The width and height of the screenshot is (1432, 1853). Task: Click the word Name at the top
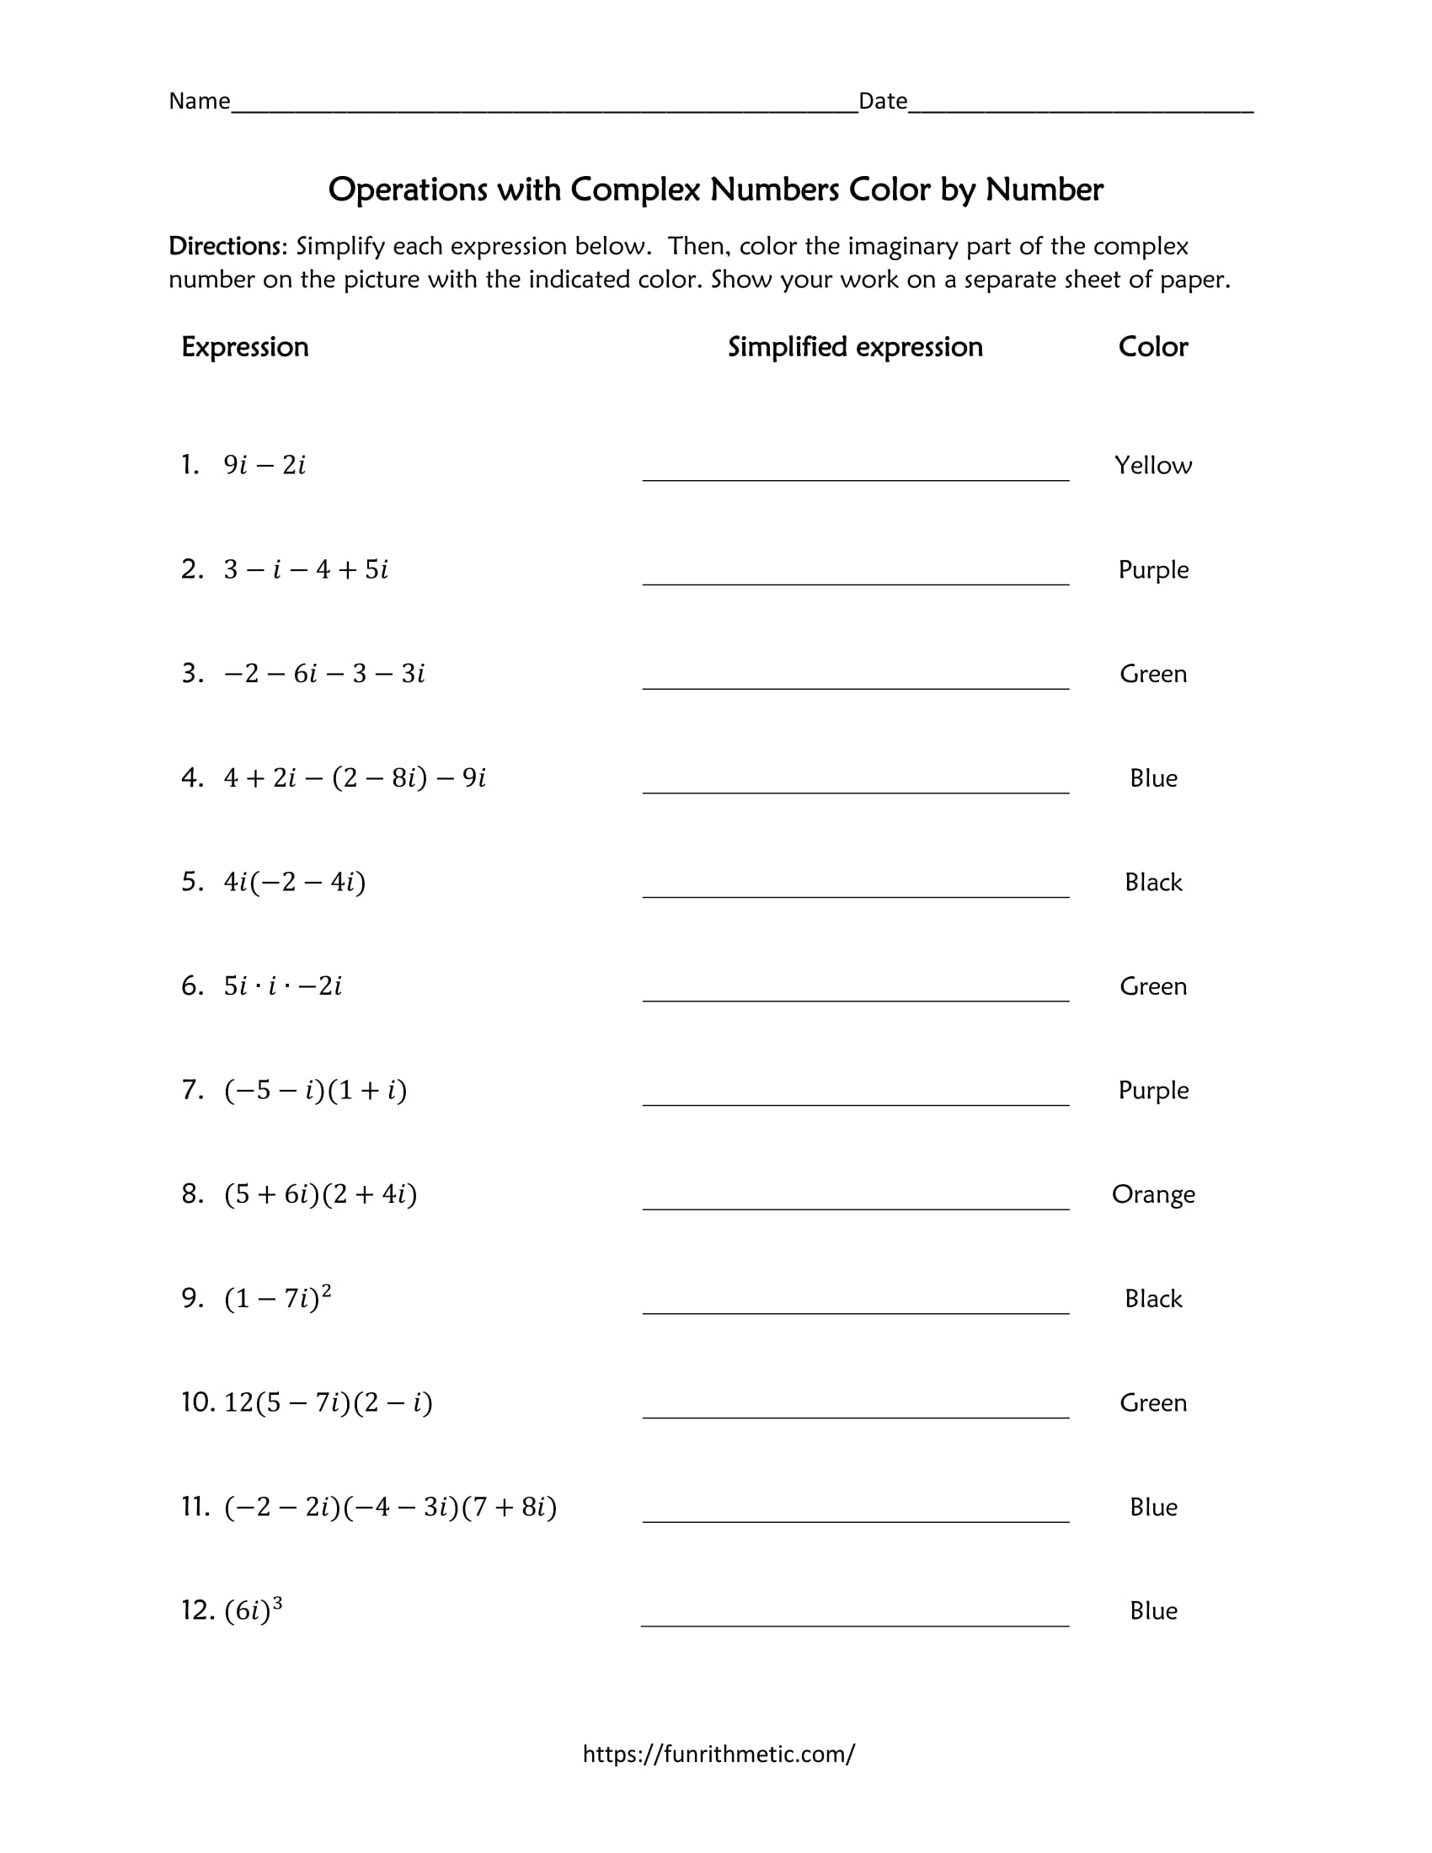pos(200,101)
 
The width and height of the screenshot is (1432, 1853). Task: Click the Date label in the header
pos(882,101)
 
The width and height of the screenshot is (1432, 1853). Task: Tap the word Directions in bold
pos(227,246)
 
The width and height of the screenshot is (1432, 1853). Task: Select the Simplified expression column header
pos(855,347)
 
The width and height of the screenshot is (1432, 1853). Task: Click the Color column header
pos(1153,347)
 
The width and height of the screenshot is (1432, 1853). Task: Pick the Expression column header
pos(245,347)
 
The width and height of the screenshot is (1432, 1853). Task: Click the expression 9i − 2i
pos(264,465)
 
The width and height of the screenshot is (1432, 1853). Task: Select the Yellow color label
pos(1153,465)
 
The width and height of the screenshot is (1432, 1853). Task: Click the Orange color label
pos(1153,1194)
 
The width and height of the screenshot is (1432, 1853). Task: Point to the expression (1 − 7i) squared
pos(277,1298)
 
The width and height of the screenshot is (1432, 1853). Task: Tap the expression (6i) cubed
pos(253,1610)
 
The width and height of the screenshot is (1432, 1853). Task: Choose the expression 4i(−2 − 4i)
pos(294,883)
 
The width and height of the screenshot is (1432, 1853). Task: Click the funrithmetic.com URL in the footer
pos(719,1754)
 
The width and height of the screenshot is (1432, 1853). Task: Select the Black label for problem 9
pos(1153,1299)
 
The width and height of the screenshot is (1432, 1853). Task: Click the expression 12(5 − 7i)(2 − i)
pos(329,1402)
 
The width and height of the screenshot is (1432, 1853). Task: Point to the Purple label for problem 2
pos(1153,569)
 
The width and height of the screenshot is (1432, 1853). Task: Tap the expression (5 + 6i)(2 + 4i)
pos(321,1194)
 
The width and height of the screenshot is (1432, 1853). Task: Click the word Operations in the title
pos(408,190)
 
